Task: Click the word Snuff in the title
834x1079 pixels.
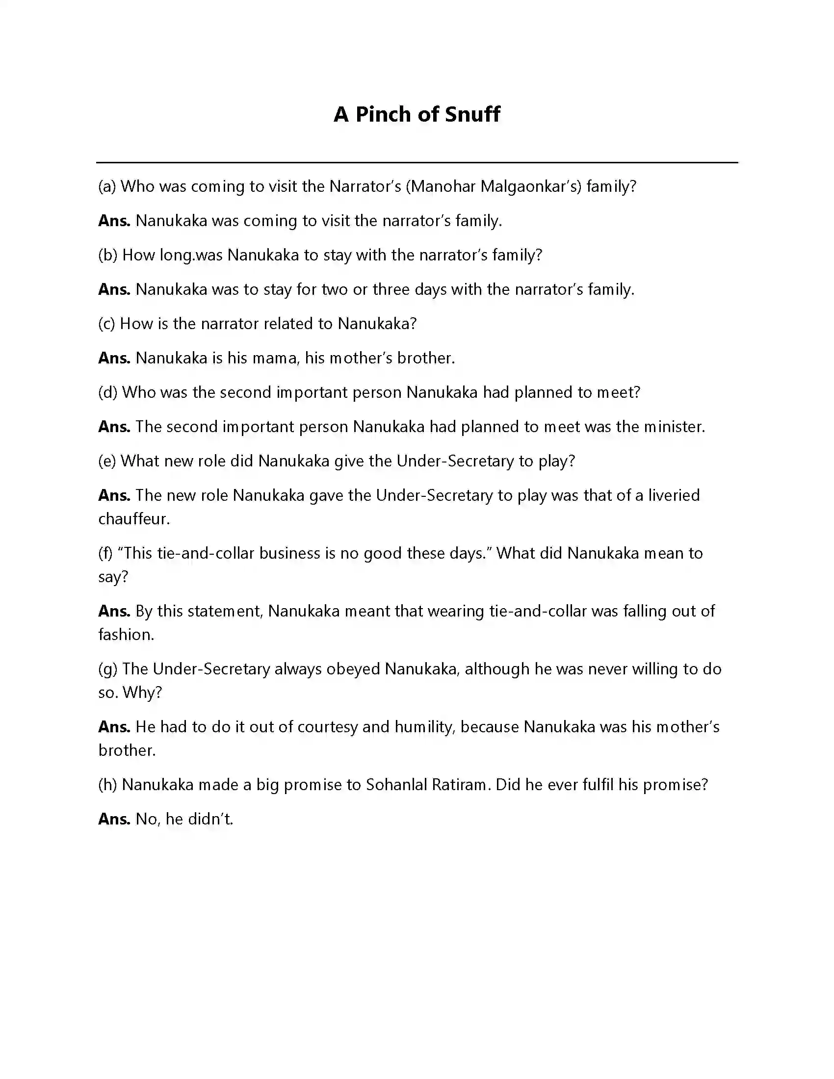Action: pyautogui.click(x=472, y=114)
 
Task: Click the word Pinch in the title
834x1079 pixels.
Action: pyautogui.click(x=383, y=114)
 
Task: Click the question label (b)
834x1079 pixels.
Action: pyautogui.click(x=108, y=255)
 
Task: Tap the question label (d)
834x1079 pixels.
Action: pyautogui.click(x=108, y=392)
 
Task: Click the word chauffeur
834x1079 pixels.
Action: pyautogui.click(x=133, y=519)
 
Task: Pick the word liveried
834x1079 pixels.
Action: pyautogui.click(x=674, y=495)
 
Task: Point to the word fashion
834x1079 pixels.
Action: pyautogui.click(x=126, y=634)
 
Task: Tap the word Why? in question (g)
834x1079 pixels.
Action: pyautogui.click(x=142, y=693)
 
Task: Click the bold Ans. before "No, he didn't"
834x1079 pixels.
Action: pyautogui.click(x=114, y=819)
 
